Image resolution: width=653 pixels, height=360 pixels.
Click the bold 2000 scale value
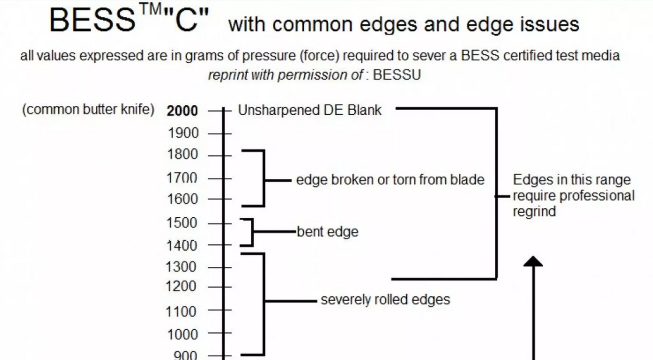pyautogui.click(x=182, y=111)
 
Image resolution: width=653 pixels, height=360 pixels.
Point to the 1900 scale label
pyautogui.click(x=183, y=133)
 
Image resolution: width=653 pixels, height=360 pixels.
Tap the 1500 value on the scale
pyautogui.click(x=183, y=223)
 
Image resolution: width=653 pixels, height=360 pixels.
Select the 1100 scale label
pyautogui.click(x=183, y=311)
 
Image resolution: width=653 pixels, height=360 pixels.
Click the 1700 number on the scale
pyautogui.click(x=183, y=178)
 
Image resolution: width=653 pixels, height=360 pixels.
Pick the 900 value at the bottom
pyautogui.click(x=185, y=355)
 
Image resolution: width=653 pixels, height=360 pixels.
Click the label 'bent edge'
pyautogui.click(x=328, y=232)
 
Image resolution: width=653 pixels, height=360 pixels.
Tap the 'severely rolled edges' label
pyautogui.click(x=385, y=299)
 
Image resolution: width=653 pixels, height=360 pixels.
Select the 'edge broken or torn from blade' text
pyautogui.click(x=390, y=180)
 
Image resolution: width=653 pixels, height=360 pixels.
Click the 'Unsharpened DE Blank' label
pyautogui.click(x=310, y=110)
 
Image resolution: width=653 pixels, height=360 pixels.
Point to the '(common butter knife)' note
pyautogui.click(x=88, y=110)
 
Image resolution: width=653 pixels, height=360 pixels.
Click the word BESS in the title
pyautogui.click(x=92, y=21)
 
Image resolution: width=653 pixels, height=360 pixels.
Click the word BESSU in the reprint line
pyautogui.click(x=397, y=75)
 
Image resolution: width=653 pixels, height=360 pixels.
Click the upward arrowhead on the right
pyautogui.click(x=533, y=262)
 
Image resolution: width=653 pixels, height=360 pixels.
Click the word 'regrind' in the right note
pyautogui.click(x=534, y=211)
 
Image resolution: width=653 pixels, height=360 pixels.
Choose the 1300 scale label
pyautogui.click(x=183, y=267)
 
